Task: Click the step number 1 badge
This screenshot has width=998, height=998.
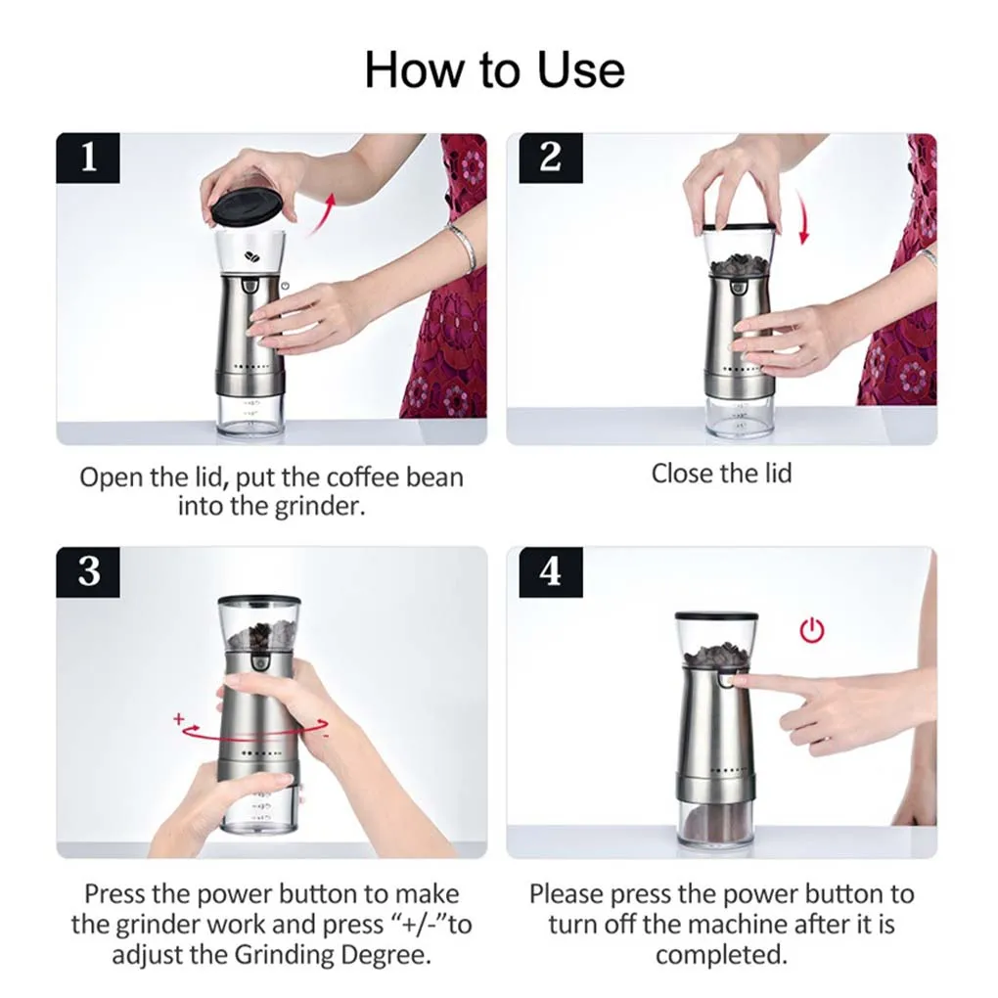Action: (x=88, y=158)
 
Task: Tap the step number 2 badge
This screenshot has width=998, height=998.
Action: (x=551, y=158)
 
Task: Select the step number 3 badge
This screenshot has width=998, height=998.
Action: (x=88, y=571)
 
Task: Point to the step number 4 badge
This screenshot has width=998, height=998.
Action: (x=551, y=571)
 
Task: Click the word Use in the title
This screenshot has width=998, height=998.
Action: (x=580, y=70)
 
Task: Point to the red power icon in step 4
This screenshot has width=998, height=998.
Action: (x=811, y=630)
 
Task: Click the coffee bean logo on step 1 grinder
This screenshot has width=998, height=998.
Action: (x=252, y=256)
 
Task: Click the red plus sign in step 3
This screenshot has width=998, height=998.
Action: (x=179, y=718)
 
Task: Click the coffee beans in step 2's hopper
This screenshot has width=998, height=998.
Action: (x=739, y=265)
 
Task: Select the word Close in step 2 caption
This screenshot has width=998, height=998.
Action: (x=678, y=474)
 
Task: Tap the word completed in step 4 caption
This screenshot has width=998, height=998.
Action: (x=721, y=955)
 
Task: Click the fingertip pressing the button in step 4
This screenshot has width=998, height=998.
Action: (x=739, y=682)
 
